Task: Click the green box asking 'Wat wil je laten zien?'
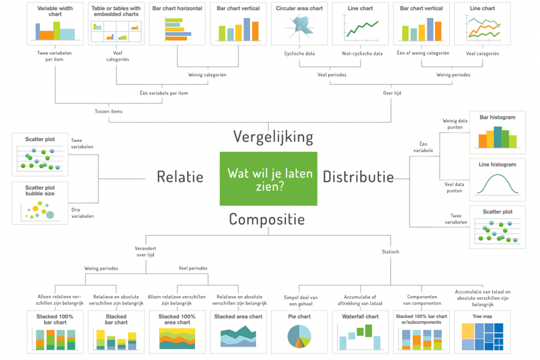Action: click(268, 179)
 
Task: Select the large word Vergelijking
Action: click(273, 137)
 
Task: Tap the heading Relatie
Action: click(180, 177)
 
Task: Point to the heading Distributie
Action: click(358, 177)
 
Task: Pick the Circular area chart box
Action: click(299, 24)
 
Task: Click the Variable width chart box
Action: click(55, 24)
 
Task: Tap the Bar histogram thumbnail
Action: click(497, 132)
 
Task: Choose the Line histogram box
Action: click(497, 179)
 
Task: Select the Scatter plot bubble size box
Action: click(40, 202)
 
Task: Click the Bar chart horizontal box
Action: click(177, 24)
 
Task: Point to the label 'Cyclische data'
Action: click(300, 53)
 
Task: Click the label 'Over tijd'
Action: click(392, 93)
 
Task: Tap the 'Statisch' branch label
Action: click(390, 252)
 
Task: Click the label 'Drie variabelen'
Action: click(82, 212)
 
